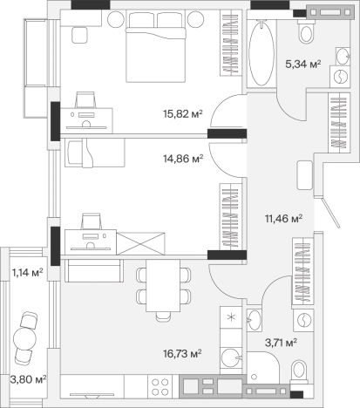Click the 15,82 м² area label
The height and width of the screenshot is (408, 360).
[x=182, y=114]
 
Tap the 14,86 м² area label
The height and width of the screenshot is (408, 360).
[x=183, y=159]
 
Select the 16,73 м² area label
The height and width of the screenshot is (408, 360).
[x=182, y=354]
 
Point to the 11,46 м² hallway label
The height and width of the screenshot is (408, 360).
[x=284, y=218]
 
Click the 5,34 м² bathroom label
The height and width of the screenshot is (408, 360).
[x=303, y=64]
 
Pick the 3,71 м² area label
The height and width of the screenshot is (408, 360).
[x=281, y=343]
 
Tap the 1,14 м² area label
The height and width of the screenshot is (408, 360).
[x=27, y=273]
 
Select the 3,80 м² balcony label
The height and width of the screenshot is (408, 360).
[x=28, y=379]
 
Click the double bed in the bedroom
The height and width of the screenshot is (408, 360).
[x=156, y=47]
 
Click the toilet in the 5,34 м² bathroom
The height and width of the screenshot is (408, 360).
[x=306, y=31]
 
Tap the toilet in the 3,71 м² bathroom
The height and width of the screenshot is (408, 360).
[x=300, y=372]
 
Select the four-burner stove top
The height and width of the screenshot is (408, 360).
[x=160, y=387]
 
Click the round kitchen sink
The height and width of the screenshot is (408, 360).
[x=231, y=358]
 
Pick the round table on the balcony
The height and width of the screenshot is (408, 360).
[x=24, y=338]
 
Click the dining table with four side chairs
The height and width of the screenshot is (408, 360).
[x=163, y=286]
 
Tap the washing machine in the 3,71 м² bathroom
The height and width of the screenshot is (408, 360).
[x=303, y=320]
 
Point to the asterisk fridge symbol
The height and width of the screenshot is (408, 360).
[x=231, y=317]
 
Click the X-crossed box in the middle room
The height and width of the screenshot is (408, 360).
[x=140, y=243]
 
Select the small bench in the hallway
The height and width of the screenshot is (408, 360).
[x=304, y=175]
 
